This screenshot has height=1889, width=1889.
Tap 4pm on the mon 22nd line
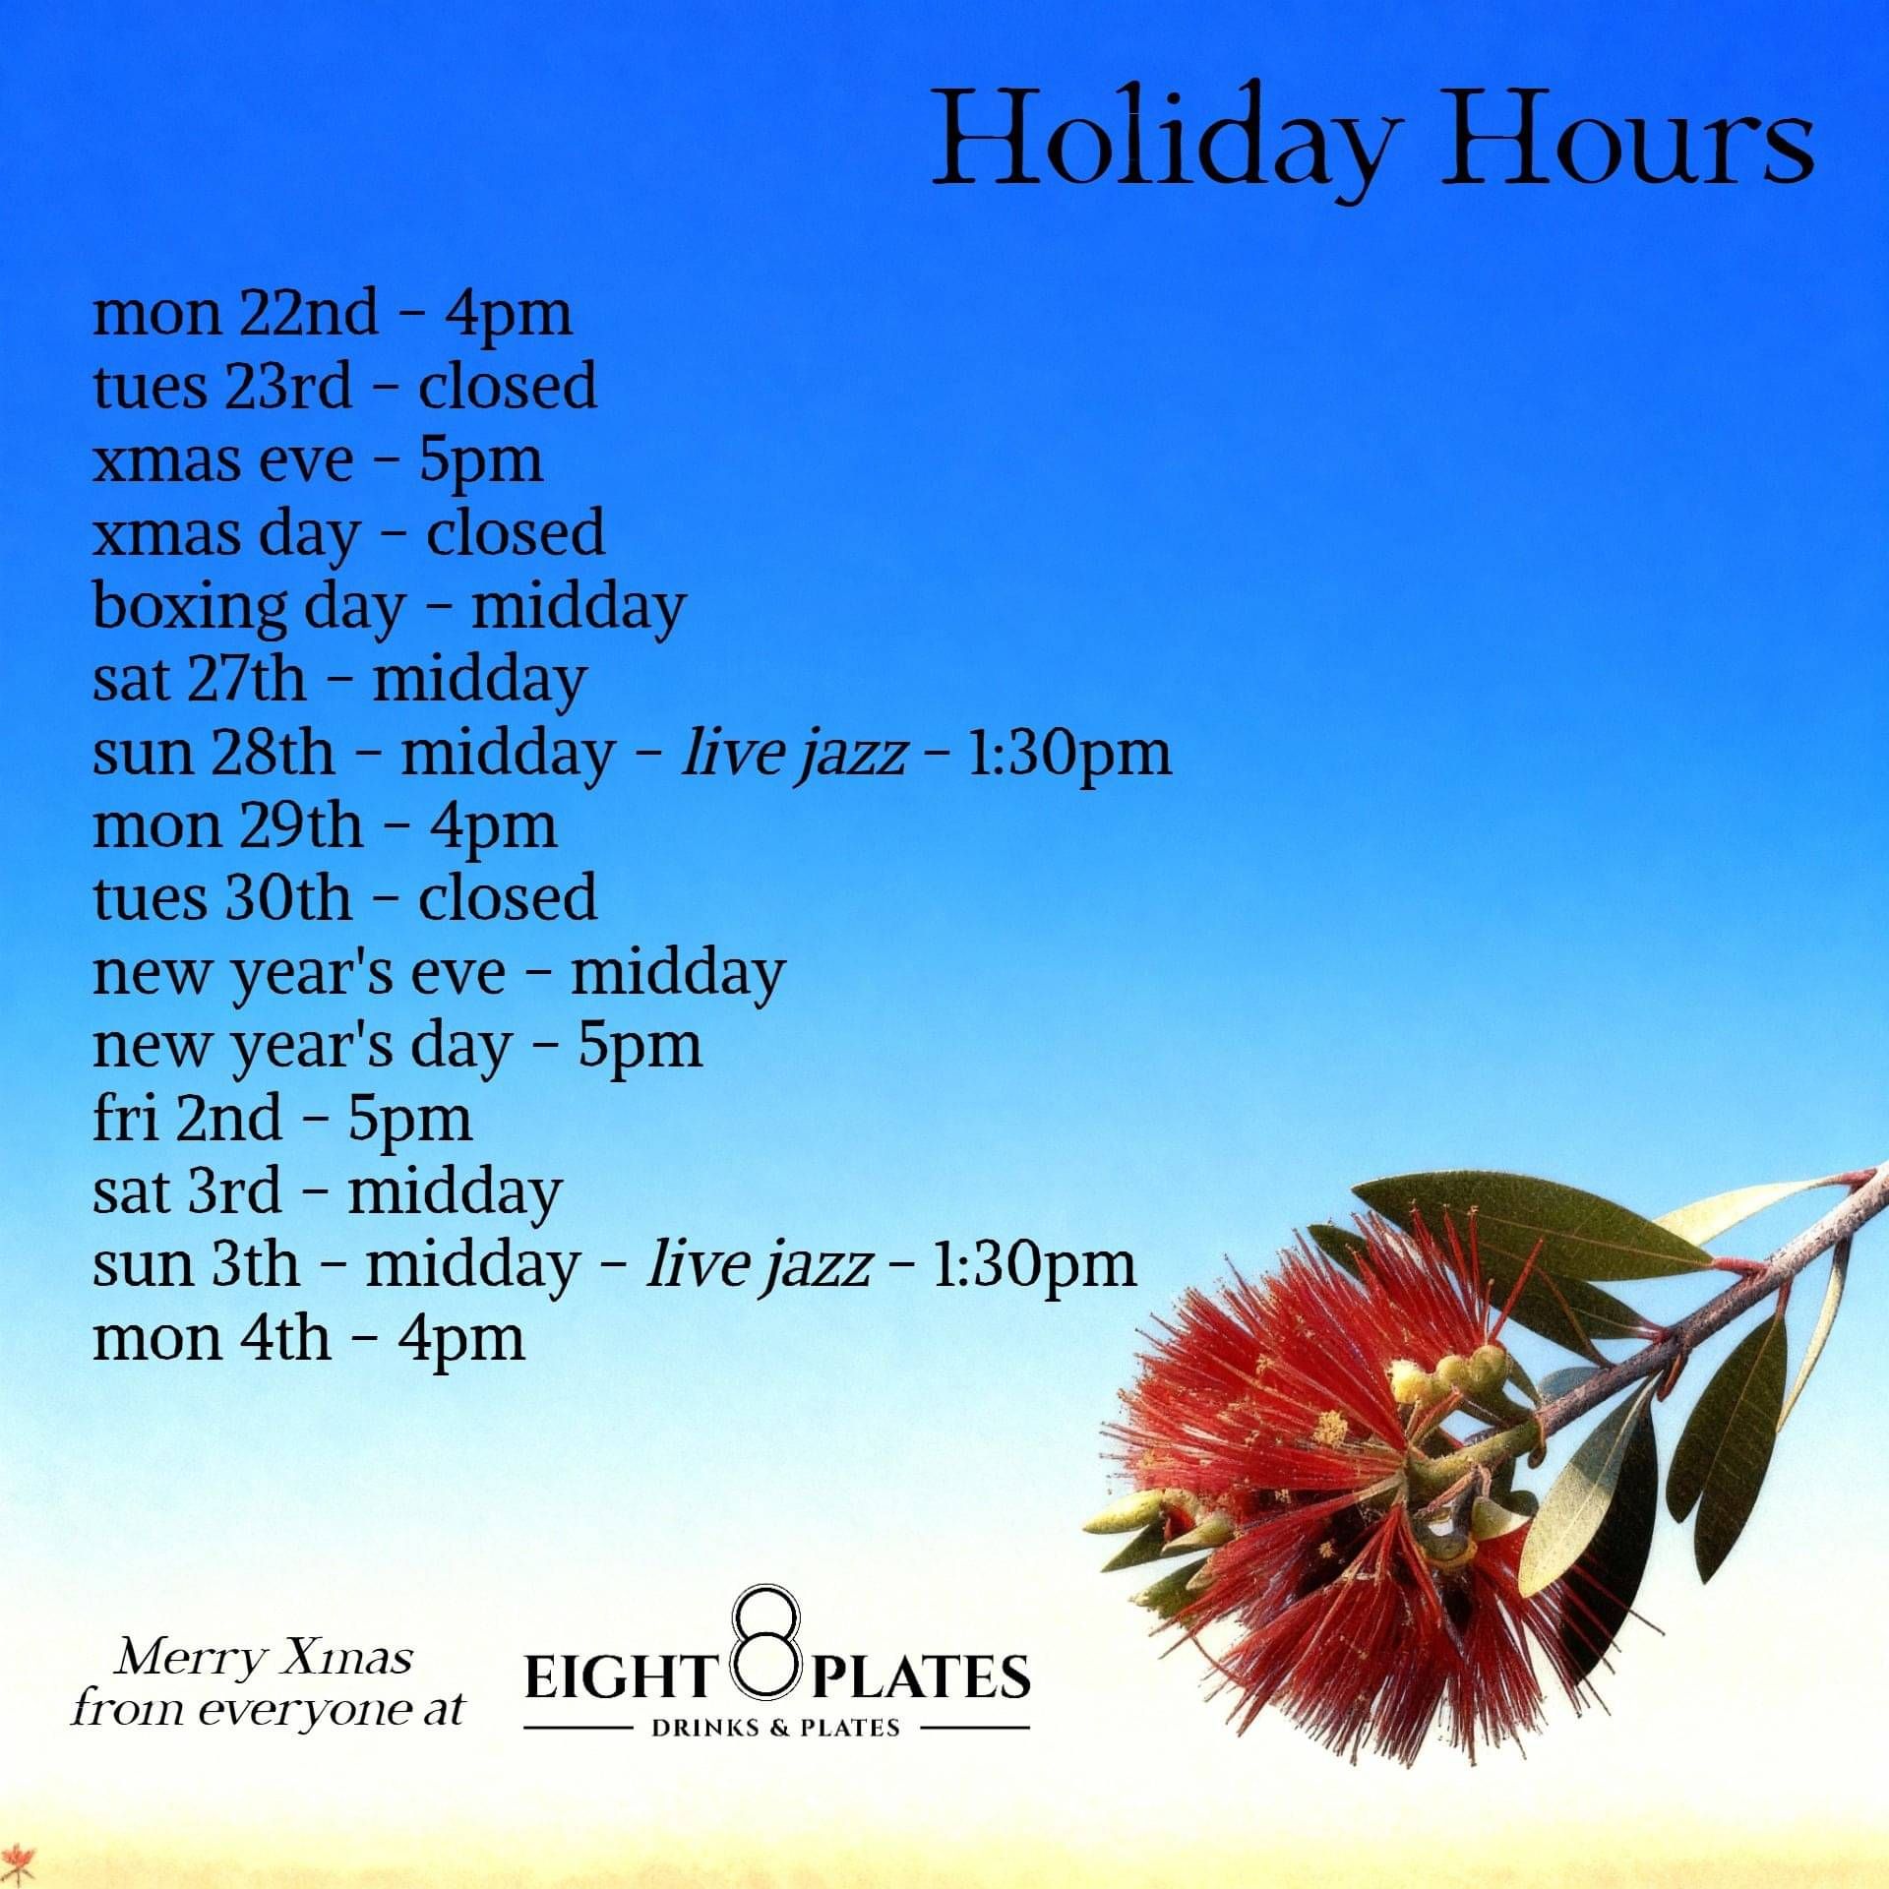point(509,316)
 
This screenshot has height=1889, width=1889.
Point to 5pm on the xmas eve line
point(481,461)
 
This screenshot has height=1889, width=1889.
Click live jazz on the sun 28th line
point(793,753)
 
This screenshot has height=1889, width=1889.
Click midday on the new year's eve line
point(678,973)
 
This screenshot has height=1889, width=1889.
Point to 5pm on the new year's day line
point(640,1046)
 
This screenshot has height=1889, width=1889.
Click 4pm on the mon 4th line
point(461,1339)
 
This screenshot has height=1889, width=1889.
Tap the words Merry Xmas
point(264,1658)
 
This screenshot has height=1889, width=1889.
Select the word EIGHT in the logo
point(618,1677)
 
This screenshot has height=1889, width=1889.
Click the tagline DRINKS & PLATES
point(776,1728)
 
